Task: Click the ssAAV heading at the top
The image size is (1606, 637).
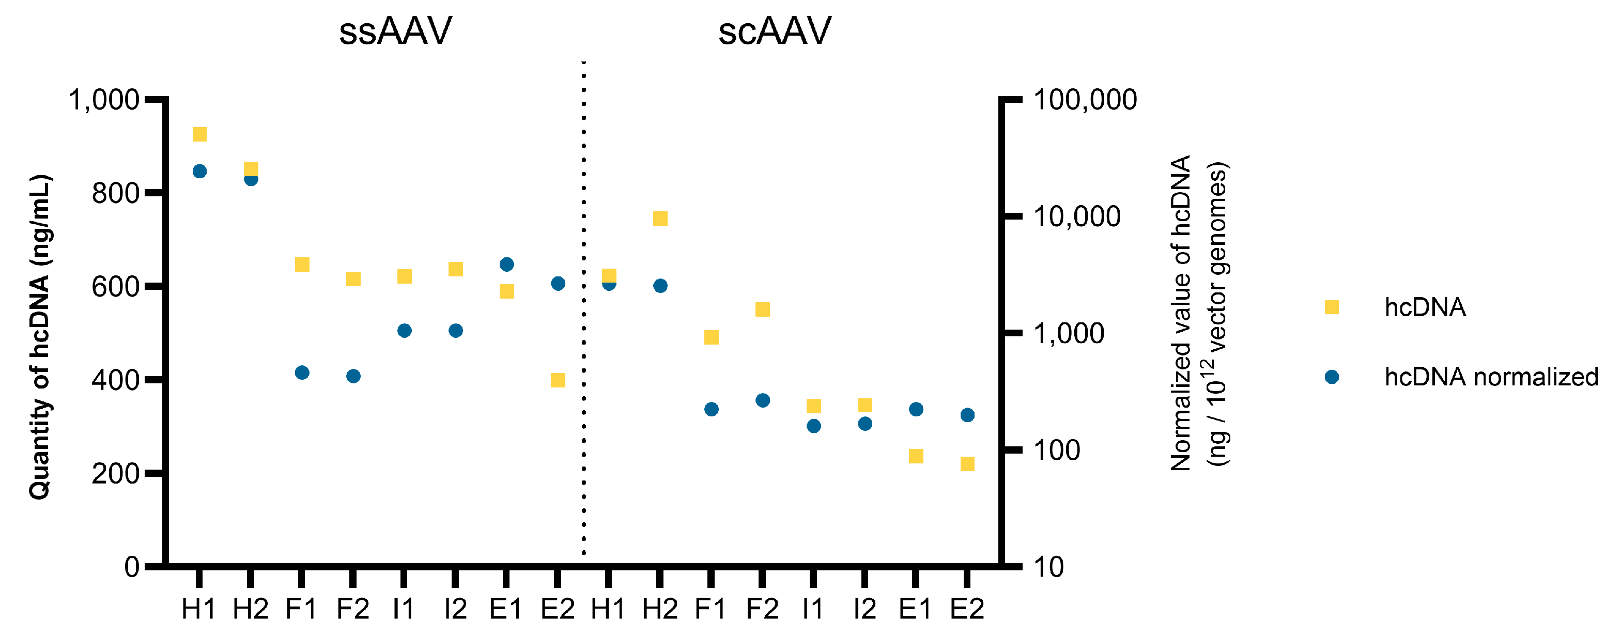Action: [395, 31]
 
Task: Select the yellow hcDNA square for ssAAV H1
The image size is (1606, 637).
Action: [199, 135]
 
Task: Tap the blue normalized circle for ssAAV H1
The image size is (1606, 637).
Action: [199, 172]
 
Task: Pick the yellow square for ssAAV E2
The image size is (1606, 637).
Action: [558, 380]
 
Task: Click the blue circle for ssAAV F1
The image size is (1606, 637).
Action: [302, 372]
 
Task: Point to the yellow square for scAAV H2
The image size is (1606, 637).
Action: [660, 218]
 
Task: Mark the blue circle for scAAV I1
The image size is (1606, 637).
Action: [814, 426]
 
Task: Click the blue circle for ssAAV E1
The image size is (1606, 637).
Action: [507, 265]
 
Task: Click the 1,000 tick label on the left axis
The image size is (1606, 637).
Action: [103, 100]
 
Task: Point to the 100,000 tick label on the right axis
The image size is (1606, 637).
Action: [1085, 100]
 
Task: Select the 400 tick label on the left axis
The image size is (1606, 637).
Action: [115, 380]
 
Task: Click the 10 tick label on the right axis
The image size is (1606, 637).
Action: [1048, 567]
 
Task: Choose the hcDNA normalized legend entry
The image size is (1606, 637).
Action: [1491, 377]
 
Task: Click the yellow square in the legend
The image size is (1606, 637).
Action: [1332, 307]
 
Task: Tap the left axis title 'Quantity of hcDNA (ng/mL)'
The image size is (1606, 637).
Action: [40, 336]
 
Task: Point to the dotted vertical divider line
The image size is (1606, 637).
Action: [583, 312]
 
